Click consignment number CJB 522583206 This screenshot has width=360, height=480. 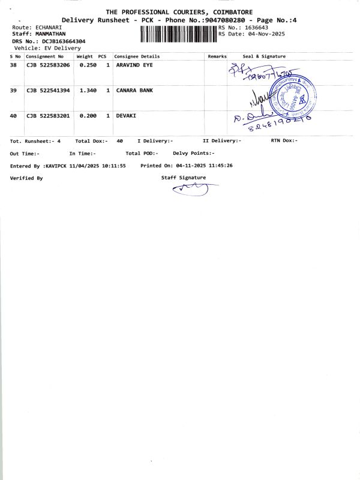pos(48,65)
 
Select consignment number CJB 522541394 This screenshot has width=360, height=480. pos(48,90)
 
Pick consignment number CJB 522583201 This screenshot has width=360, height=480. pos(48,115)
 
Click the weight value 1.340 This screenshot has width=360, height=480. pos(88,90)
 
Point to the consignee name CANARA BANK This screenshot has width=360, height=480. pos(134,90)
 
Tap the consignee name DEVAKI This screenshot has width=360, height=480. pos(126,115)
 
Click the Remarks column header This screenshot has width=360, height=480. pos(217,56)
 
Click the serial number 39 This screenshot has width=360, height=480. pos(13,90)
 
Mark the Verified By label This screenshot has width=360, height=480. pos(26,178)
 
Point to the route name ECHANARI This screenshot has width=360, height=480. pos(45,28)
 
